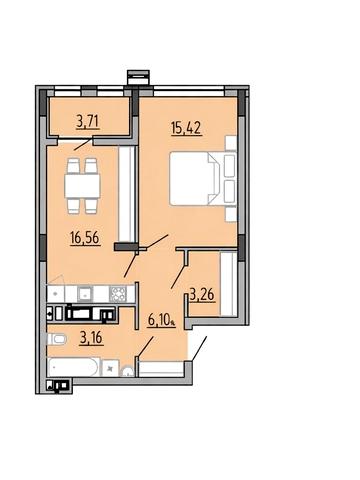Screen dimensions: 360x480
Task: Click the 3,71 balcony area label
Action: coord(88,121)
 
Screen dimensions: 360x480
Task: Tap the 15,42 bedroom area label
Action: coord(186,127)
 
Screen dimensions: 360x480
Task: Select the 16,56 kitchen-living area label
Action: coord(85,238)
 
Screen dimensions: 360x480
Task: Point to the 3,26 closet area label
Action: coord(202,295)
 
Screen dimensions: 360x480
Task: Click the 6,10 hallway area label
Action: coord(161,320)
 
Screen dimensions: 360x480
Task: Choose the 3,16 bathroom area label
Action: coord(91,338)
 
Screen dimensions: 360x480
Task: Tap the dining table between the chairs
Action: coord(82,185)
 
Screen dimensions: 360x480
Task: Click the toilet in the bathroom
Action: coord(57,340)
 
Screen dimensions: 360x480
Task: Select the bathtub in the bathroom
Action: coord(73,367)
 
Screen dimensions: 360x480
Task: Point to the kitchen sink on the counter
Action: coord(86,294)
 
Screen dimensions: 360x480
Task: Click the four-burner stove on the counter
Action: coord(118,294)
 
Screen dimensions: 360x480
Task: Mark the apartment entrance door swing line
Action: coord(198,348)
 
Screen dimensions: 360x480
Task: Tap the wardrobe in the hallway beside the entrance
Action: coord(161,369)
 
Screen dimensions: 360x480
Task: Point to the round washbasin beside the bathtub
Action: coord(127,372)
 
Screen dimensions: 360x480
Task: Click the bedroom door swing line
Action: coord(157,242)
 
